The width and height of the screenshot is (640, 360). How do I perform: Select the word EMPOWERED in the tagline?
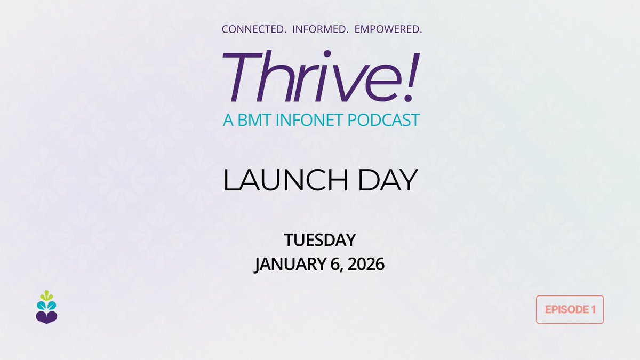pyautogui.click(x=385, y=30)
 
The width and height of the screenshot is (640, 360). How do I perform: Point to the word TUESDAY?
pyautogui.click(x=319, y=240)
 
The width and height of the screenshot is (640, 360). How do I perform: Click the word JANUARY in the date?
pyautogui.click(x=287, y=264)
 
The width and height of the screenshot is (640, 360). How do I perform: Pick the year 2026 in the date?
pyautogui.click(x=364, y=264)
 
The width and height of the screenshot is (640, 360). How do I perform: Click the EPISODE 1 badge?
pyautogui.click(x=570, y=309)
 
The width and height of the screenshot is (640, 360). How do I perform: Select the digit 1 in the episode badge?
pyautogui.click(x=593, y=309)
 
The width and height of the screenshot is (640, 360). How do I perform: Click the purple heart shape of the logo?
pyautogui.click(x=46, y=318)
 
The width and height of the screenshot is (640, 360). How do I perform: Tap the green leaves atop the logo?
pyautogui.click(x=46, y=295)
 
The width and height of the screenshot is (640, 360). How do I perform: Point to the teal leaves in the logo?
pyautogui.click(x=46, y=305)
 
